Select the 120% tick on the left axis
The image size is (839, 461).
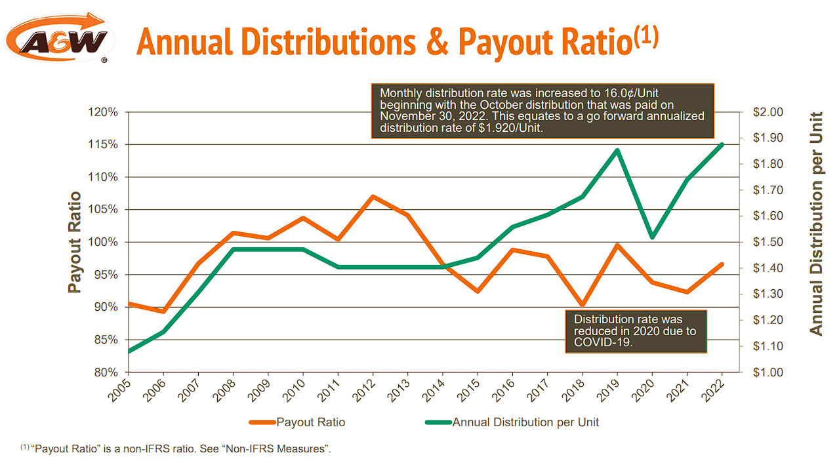point(104,112)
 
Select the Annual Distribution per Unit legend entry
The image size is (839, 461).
point(525,422)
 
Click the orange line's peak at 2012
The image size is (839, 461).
point(373,196)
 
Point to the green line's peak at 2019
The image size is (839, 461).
point(617,150)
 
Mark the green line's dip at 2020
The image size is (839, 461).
point(652,237)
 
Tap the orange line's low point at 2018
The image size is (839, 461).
point(582,305)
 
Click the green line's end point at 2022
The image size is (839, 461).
point(722,144)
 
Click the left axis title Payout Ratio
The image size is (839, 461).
point(75,242)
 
